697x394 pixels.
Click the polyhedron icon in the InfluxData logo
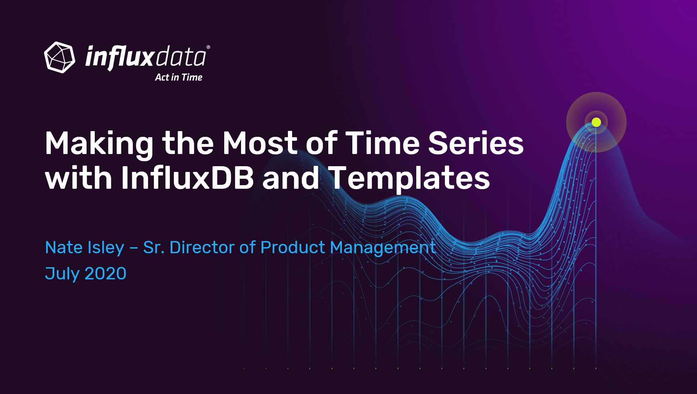pyautogui.click(x=59, y=57)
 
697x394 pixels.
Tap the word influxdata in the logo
pyautogui.click(x=146, y=57)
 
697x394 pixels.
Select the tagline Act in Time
pyautogui.click(x=178, y=77)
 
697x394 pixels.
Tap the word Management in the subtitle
pyautogui.click(x=383, y=249)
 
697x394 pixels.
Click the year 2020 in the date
pyautogui.click(x=106, y=274)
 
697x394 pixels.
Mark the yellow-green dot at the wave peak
pyautogui.click(x=596, y=122)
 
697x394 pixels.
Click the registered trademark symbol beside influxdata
pyautogui.click(x=208, y=47)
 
